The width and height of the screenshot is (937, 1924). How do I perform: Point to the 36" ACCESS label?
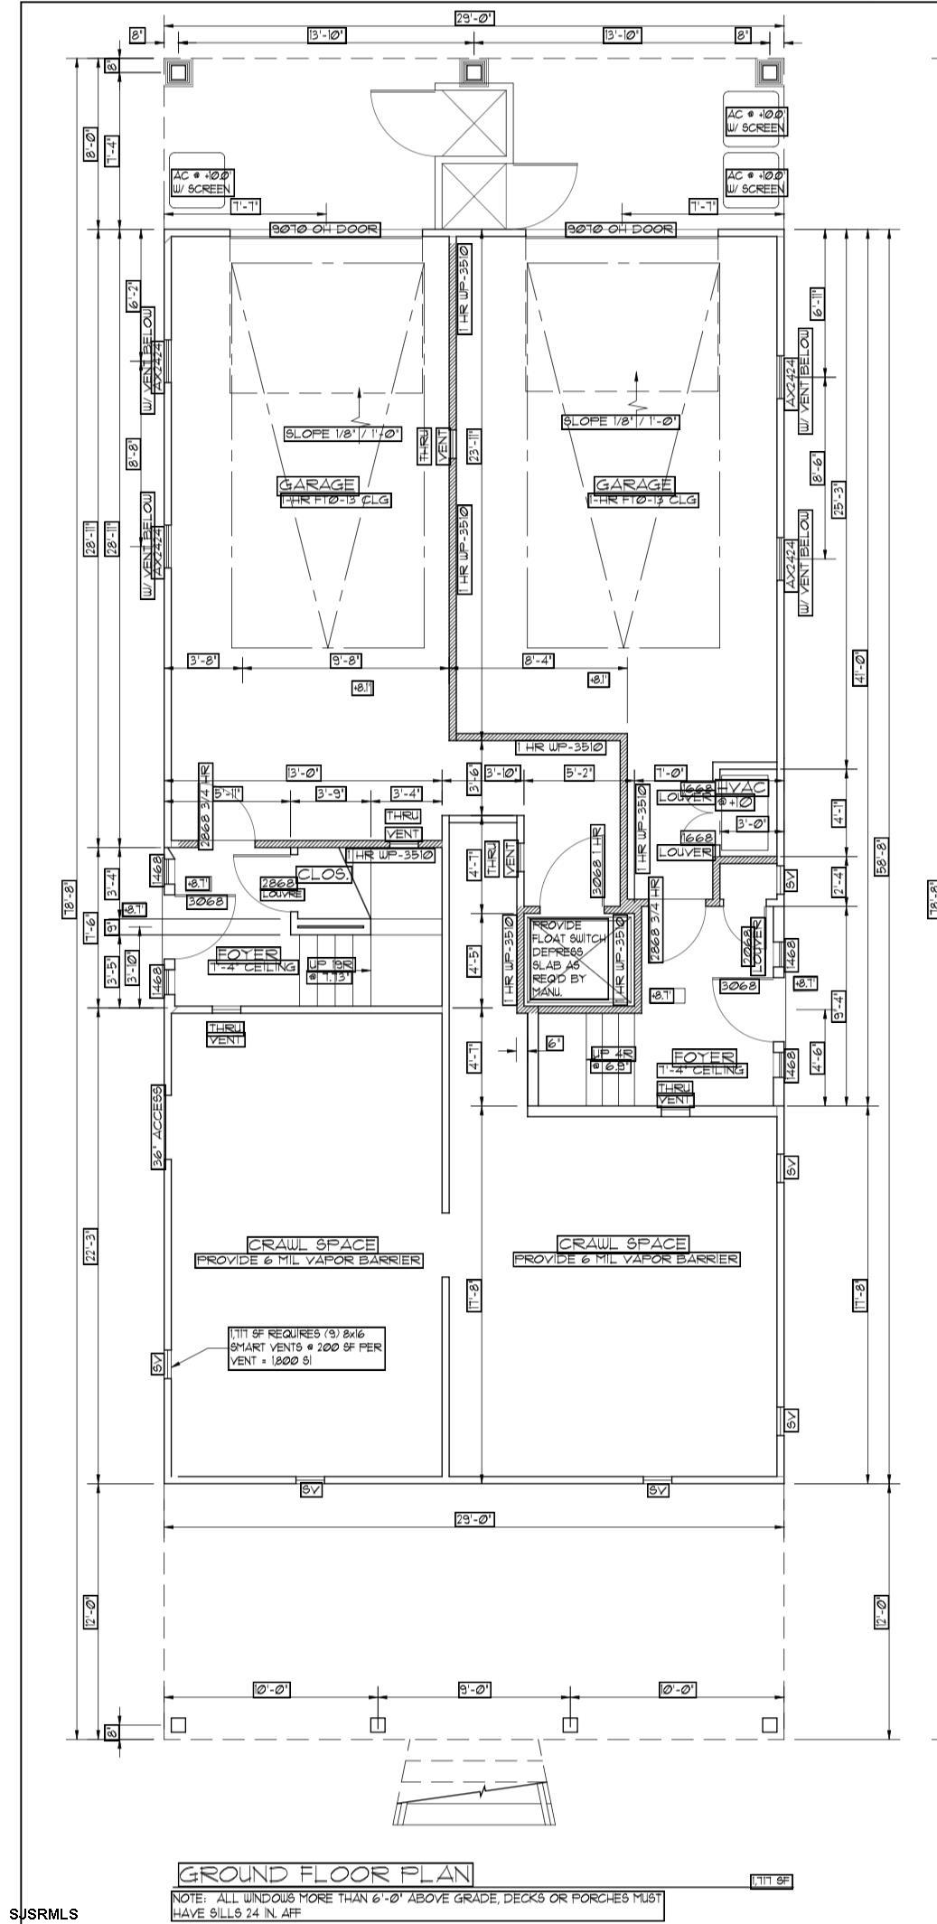(158, 1128)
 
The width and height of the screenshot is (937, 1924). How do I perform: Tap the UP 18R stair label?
(328, 970)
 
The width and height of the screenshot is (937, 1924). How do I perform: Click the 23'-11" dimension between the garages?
(473, 446)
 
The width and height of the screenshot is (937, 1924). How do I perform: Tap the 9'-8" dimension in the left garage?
(348, 661)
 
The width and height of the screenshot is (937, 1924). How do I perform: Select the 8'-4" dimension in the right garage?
(539, 661)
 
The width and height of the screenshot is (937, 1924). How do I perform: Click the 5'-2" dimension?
(579, 773)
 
